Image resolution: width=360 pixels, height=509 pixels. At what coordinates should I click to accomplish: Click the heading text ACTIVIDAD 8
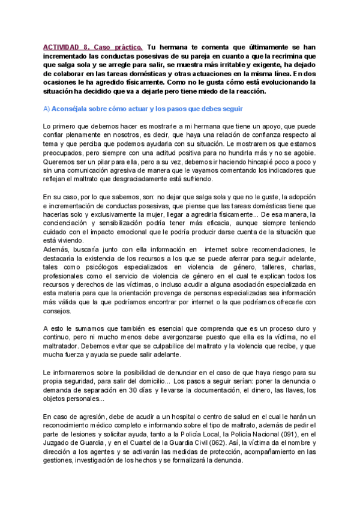[x=67, y=46]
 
